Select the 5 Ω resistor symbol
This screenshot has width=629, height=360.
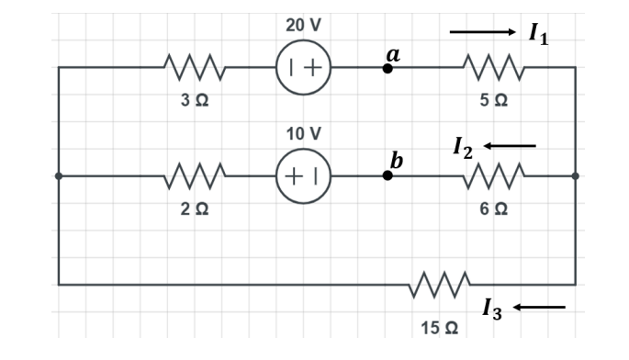pyautogui.click(x=494, y=67)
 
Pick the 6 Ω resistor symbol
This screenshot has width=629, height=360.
pyautogui.click(x=494, y=175)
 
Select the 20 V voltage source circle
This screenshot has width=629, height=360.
pyautogui.click(x=304, y=67)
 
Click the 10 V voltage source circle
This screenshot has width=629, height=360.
pyautogui.click(x=304, y=175)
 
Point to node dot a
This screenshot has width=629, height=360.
pyautogui.click(x=388, y=68)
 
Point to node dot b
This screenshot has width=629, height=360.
pyautogui.click(x=388, y=175)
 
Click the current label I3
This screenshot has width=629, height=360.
pyautogui.click(x=492, y=310)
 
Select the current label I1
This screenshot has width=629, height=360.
pyautogui.click(x=539, y=35)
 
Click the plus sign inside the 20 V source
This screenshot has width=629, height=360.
pyautogui.click(x=314, y=67)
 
